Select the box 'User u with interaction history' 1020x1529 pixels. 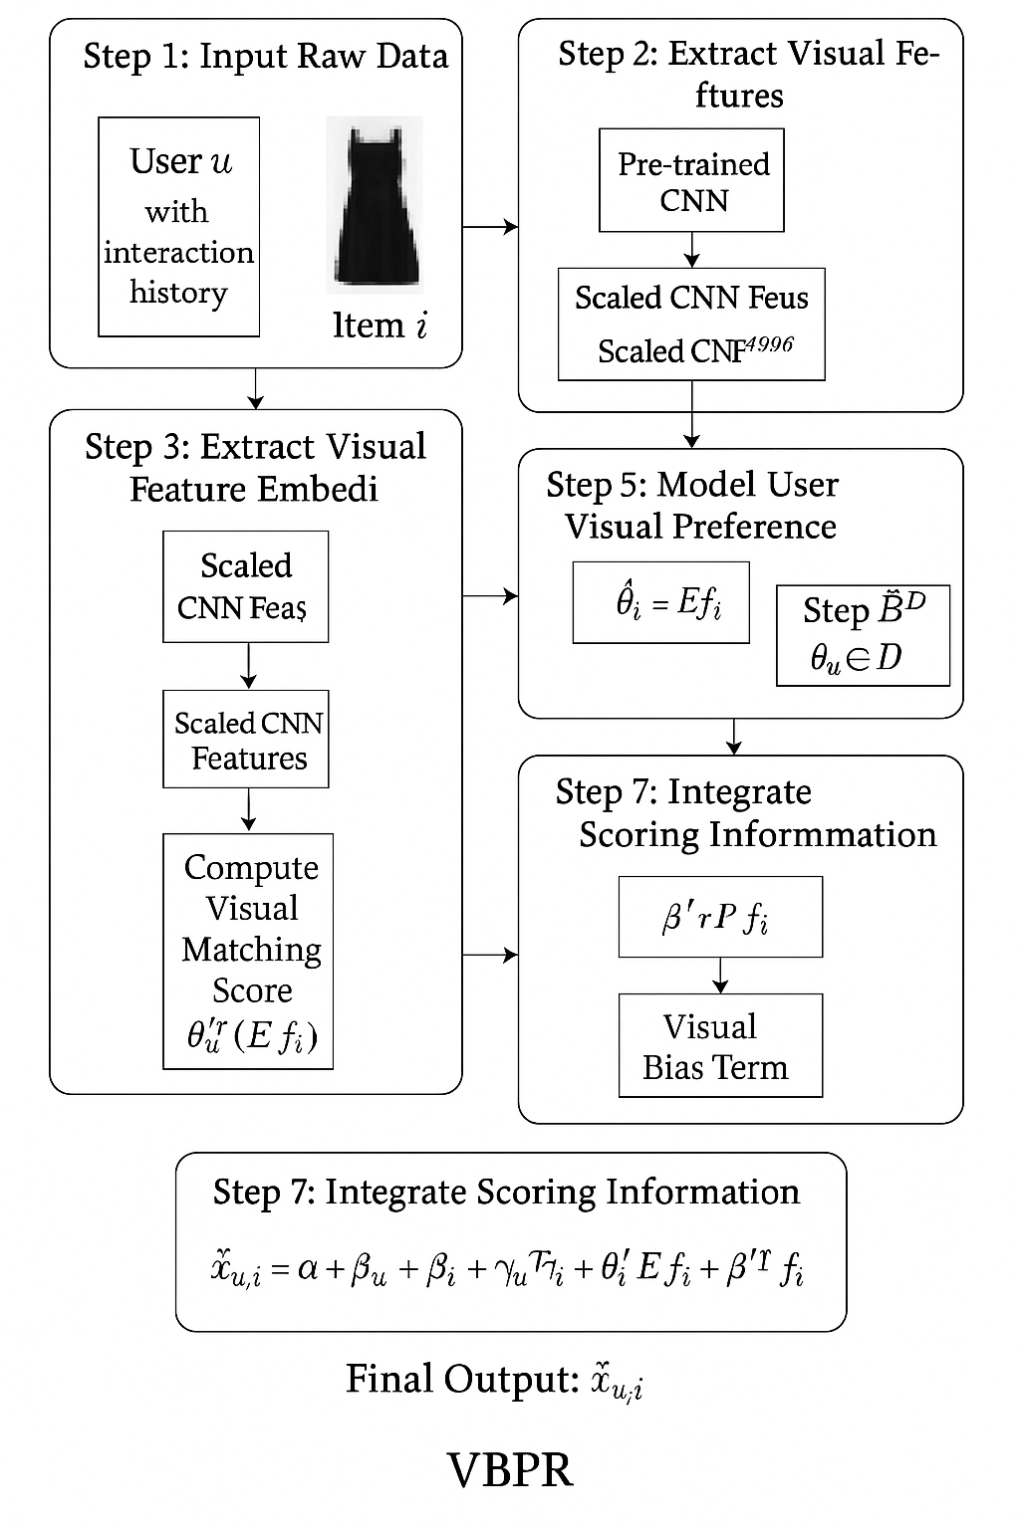(x=178, y=227)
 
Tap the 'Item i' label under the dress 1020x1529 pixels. (x=380, y=326)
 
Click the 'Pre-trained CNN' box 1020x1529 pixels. (x=691, y=181)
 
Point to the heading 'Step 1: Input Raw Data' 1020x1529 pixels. (x=265, y=56)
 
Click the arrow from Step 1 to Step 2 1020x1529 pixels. (x=490, y=227)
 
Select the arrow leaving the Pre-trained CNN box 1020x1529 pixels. (x=691, y=250)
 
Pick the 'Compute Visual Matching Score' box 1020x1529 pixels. (x=248, y=951)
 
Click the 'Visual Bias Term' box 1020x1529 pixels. (x=720, y=1046)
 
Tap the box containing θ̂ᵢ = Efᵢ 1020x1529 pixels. (x=660, y=602)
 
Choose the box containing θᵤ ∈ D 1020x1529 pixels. (x=863, y=635)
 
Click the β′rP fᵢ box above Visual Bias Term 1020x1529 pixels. (x=720, y=917)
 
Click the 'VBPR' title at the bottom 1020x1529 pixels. (x=510, y=1470)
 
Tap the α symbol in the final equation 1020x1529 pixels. (x=308, y=1270)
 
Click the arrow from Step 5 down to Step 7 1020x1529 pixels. (x=734, y=737)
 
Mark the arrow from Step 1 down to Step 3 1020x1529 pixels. (x=256, y=388)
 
